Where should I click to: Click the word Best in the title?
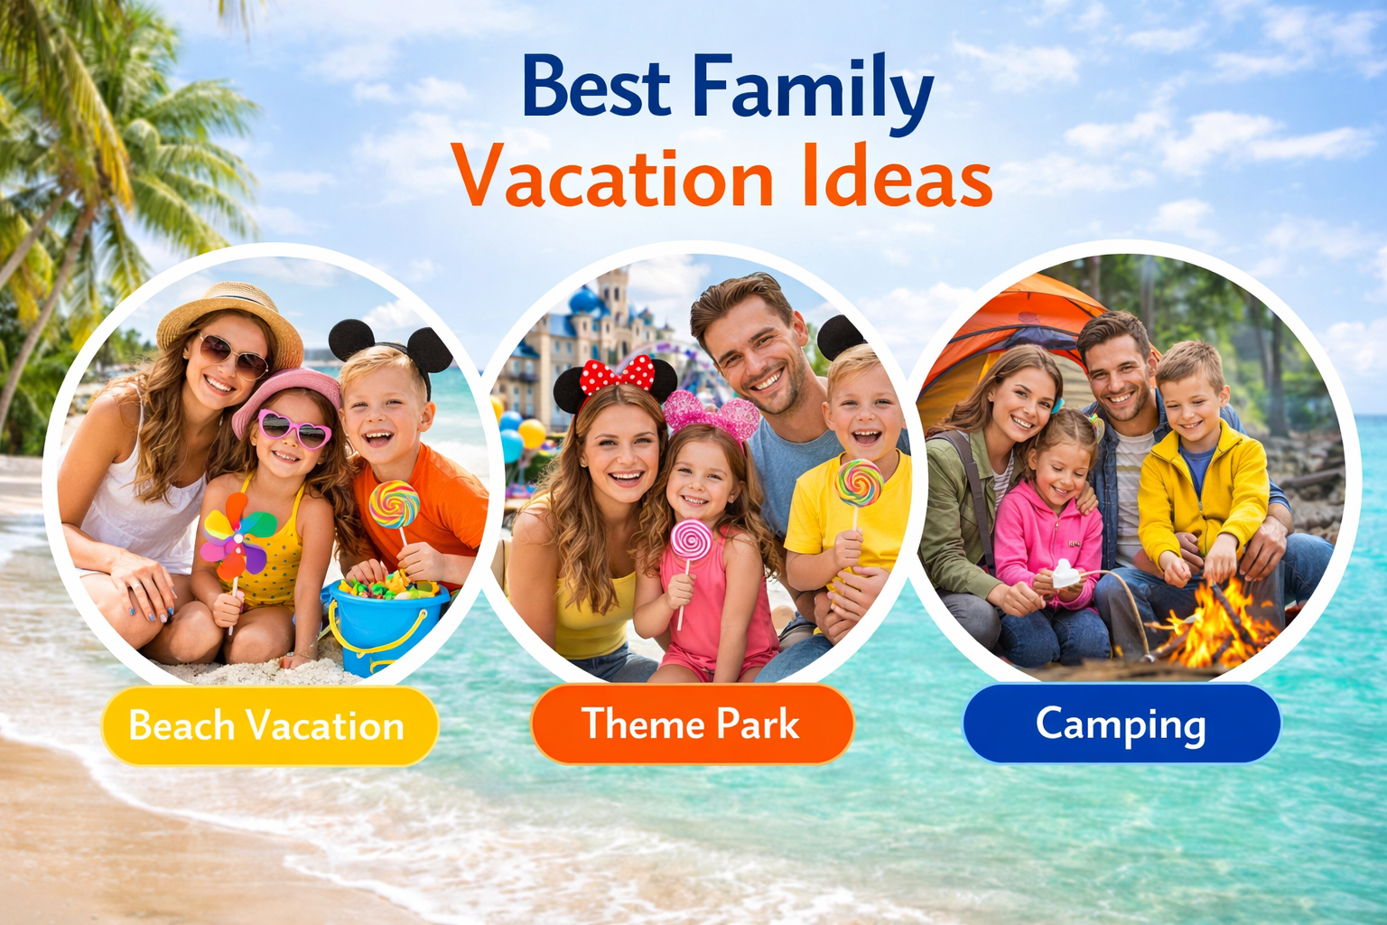click(x=595, y=89)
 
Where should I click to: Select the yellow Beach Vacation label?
click(x=268, y=726)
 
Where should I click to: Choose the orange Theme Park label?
click(x=692, y=724)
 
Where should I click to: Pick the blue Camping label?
click(x=1121, y=724)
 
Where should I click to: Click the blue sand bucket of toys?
click(x=384, y=619)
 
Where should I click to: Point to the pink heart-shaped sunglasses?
click(x=294, y=428)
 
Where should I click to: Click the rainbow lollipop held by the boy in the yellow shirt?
click(x=860, y=483)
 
